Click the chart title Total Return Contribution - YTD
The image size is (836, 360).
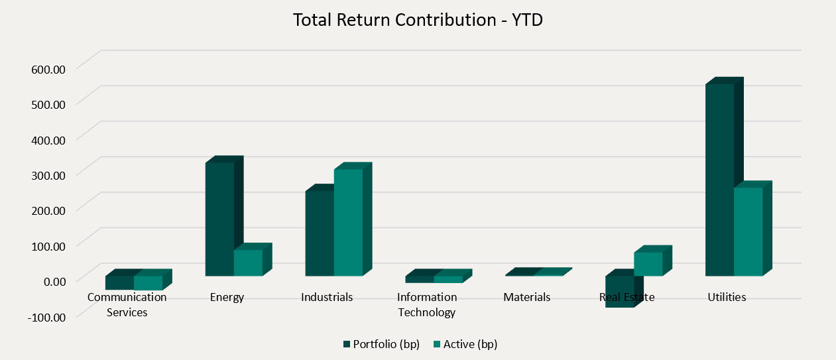[418, 20]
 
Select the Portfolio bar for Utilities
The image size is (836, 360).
[719, 179]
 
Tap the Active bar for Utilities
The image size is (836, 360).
[748, 232]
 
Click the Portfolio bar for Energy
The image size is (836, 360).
[219, 219]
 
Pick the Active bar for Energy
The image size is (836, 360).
[248, 263]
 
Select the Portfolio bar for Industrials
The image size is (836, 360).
[319, 233]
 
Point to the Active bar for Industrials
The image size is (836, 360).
[348, 222]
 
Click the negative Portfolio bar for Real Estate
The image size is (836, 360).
[619, 292]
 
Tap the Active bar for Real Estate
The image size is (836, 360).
[648, 264]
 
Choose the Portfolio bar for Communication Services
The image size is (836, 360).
[119, 282]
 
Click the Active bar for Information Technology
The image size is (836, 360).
[448, 279]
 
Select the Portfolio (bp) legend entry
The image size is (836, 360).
[381, 344]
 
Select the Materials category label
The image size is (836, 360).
[526, 297]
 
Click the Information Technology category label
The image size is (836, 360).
[427, 304]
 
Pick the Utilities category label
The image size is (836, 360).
[727, 297]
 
